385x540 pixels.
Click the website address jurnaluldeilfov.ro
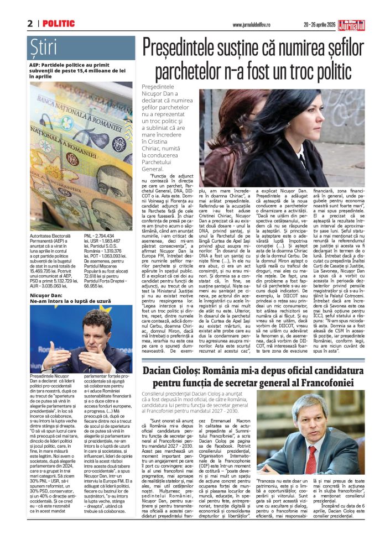coord(253,24)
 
